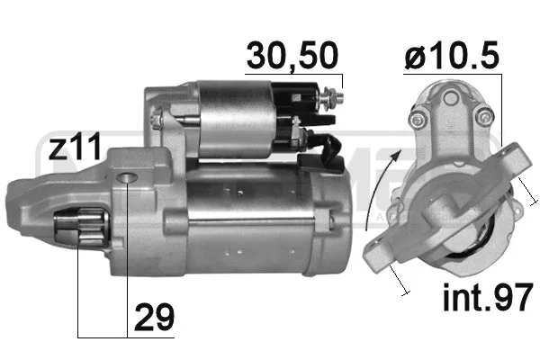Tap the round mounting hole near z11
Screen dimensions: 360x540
click(x=127, y=177)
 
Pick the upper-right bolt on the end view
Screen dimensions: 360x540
click(x=484, y=113)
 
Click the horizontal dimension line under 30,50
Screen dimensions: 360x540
click(x=293, y=73)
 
